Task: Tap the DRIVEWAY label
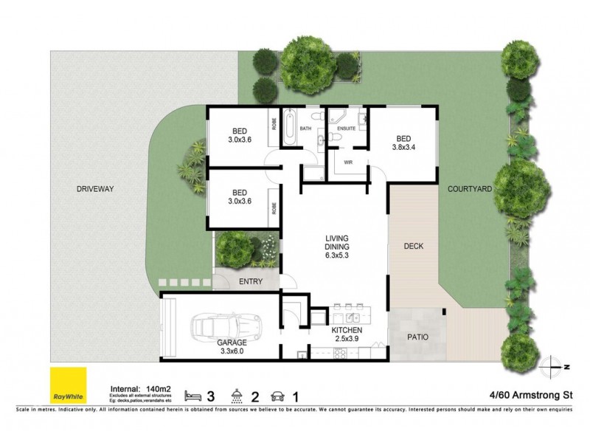click(94, 189)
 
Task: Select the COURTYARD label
click(469, 189)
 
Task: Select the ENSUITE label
click(347, 128)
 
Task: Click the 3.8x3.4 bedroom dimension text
click(403, 147)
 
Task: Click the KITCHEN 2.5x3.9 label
click(346, 334)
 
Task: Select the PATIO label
click(417, 337)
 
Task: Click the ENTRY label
click(249, 281)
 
